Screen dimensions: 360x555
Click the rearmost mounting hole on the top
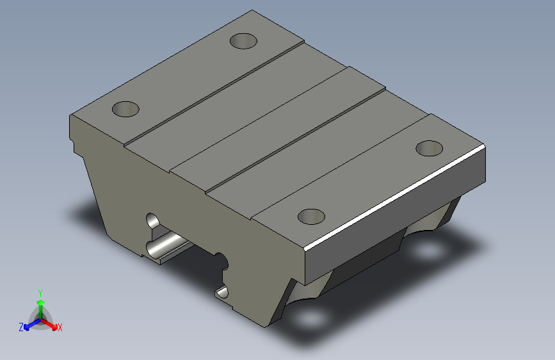tap(243, 42)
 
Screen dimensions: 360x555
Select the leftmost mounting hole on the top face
tap(125, 108)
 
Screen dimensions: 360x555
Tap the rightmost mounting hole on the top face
tap(429, 148)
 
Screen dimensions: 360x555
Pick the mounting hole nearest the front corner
tap(312, 217)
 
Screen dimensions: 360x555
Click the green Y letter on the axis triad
tap(40, 291)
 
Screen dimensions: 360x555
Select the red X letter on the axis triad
tap(60, 327)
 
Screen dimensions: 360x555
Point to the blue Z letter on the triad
tap(21, 327)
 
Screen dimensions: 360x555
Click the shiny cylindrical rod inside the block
tap(168, 245)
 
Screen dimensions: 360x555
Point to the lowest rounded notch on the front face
tap(222, 293)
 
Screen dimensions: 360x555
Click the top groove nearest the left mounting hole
tap(214, 90)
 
